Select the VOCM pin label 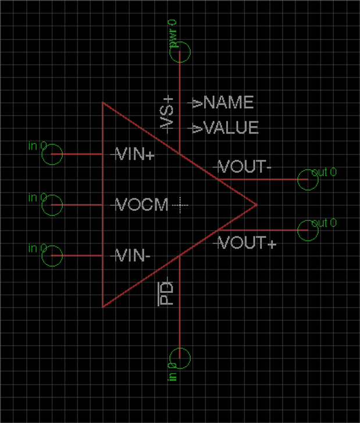tap(142, 205)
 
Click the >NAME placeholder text tap(224, 103)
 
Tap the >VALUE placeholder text tap(226, 128)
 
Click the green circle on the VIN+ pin tap(53, 155)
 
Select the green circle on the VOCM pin tap(53, 205)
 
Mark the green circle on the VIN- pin tap(53, 256)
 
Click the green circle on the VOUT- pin tap(308, 180)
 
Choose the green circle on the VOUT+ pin tap(308, 230)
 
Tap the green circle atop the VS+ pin tap(180, 52)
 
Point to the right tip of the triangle tap(256, 205)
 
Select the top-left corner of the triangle tap(103, 103)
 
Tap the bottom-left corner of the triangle tap(103, 306)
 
